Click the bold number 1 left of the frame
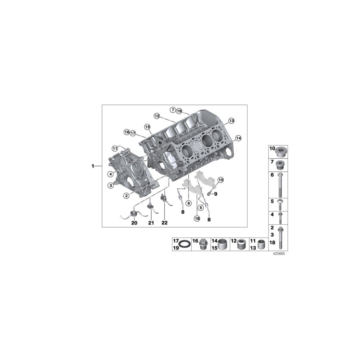pyautogui.click(x=93, y=166)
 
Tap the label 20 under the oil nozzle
pyautogui.click(x=134, y=223)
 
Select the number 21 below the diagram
pyautogui.click(x=151, y=223)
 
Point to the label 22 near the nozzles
pyautogui.click(x=164, y=223)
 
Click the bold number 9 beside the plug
pyautogui.click(x=215, y=194)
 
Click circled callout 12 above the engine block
pyautogui.click(x=157, y=116)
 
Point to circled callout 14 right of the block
pyautogui.click(x=238, y=138)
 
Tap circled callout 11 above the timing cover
pyautogui.click(x=115, y=148)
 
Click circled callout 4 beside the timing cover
pyautogui.click(x=110, y=174)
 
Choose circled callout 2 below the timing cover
pyautogui.click(x=126, y=196)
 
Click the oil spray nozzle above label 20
pyautogui.click(x=134, y=212)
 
